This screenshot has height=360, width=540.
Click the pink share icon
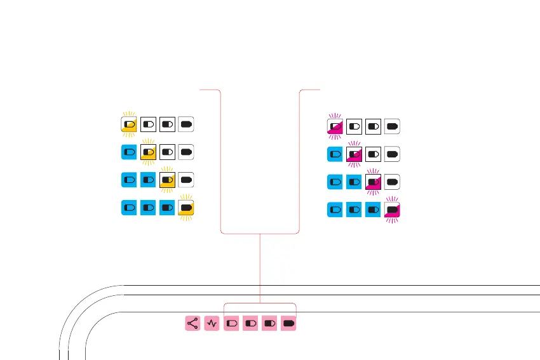click(193, 323)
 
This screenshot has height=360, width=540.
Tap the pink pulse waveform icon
click(212, 323)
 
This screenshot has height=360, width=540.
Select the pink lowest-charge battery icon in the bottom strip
click(232, 323)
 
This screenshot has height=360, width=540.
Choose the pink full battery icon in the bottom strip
click(290, 323)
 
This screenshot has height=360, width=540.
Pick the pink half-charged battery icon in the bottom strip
click(251, 323)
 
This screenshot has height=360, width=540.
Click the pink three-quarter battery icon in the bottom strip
click(271, 323)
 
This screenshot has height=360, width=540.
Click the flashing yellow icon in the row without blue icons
click(130, 124)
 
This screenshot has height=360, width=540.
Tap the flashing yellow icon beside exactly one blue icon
click(149, 152)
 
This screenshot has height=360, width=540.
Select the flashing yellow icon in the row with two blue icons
click(168, 180)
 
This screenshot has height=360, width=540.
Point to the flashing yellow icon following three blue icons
click(186, 208)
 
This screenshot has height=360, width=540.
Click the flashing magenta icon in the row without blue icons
click(335, 126)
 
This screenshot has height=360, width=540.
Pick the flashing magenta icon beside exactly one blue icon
click(354, 154)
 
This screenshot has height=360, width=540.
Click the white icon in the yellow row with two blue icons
click(186, 180)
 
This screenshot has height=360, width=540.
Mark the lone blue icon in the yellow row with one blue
click(130, 152)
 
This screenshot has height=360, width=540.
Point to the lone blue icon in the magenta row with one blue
click(335, 154)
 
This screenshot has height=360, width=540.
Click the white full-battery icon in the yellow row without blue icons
click(186, 124)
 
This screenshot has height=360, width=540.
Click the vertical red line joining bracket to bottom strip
click(260, 267)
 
